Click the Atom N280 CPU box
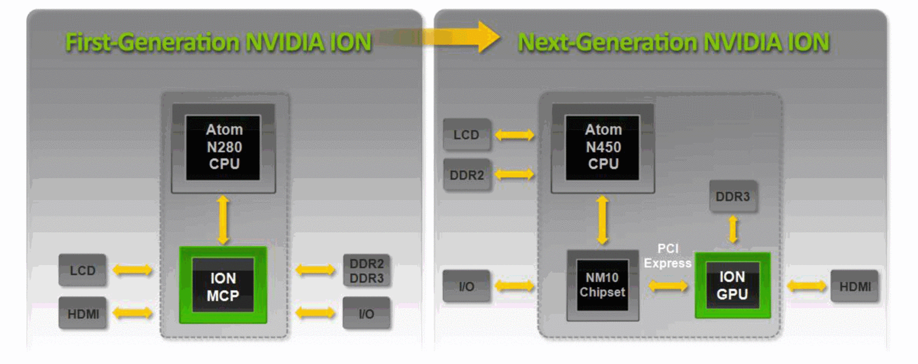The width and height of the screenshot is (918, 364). pos(223,147)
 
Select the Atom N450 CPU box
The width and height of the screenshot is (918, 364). pos(602,147)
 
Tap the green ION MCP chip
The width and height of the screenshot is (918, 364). pos(223,286)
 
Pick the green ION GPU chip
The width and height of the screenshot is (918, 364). pos(732,286)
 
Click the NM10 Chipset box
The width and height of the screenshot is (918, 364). pos(602,285)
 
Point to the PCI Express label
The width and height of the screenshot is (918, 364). pos(667,256)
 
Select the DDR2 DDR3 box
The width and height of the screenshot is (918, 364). pos(366,271)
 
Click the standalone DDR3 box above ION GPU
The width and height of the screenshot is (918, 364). pos(732,196)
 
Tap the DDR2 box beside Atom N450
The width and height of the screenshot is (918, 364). pos(467,175)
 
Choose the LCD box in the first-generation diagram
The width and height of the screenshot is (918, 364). pos(82,270)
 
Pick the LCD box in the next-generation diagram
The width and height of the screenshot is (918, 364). pos(466,135)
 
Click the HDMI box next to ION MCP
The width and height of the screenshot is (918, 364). pos(83,314)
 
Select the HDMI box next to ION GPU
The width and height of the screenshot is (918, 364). pos(855,287)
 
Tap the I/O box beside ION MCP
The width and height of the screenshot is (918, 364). pos(366,314)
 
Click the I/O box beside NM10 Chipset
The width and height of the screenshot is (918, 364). pos(466,287)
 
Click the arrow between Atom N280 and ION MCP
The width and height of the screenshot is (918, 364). pos(223,220)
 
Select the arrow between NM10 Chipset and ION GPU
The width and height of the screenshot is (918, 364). pos(667,286)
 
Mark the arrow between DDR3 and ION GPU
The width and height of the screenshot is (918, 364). pos(733,229)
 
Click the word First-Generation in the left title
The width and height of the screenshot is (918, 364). pos(152,42)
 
